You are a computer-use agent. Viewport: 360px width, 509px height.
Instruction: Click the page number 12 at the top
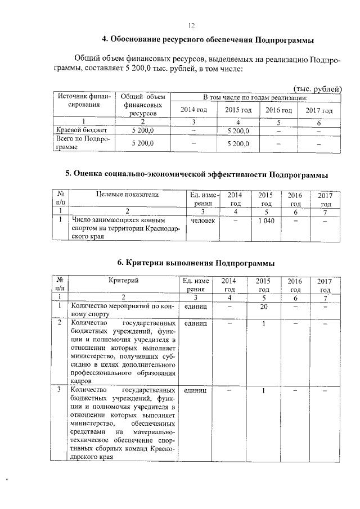[191, 25]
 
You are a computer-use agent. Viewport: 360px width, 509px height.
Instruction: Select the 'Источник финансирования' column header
[82, 101]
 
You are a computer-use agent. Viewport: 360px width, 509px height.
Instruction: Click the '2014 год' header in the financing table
[192, 110]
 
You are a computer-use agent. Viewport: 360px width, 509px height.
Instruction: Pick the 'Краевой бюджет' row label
[78, 130]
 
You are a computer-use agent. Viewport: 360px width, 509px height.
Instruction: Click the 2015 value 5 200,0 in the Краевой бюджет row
[237, 130]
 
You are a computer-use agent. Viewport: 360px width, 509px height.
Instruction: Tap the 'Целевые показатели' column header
[127, 195]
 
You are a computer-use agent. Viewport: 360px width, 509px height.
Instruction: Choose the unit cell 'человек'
[203, 221]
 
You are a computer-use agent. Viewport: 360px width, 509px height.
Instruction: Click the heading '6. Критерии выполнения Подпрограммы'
[196, 262]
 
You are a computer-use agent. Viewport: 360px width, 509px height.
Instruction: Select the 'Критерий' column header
[124, 281]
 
